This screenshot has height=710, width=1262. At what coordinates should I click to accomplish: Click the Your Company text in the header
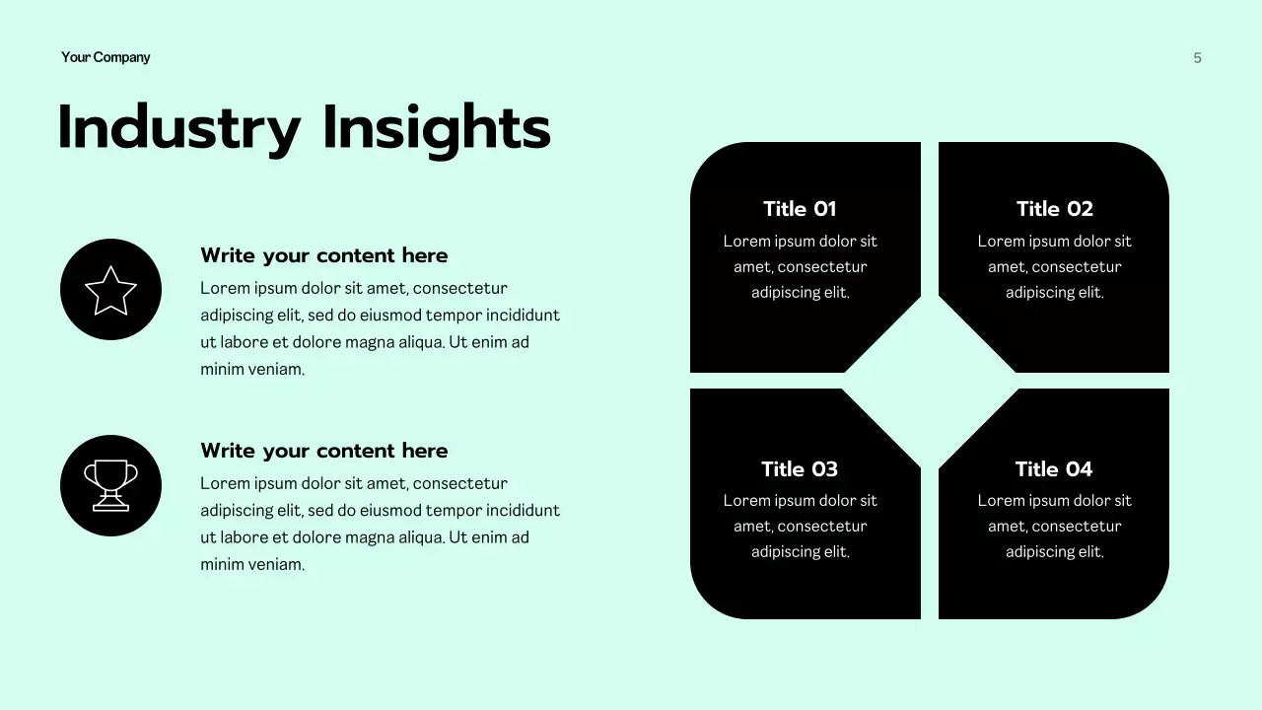tap(105, 57)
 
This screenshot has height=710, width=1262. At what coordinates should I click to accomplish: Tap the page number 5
tap(1197, 58)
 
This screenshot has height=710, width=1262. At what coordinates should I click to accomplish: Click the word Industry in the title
tap(178, 129)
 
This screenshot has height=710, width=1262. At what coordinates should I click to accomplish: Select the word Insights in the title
tap(436, 129)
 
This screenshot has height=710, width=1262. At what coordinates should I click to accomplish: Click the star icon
tap(110, 290)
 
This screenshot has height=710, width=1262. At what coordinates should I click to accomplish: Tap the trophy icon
tap(110, 485)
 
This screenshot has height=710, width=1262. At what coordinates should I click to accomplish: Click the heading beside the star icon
tap(323, 255)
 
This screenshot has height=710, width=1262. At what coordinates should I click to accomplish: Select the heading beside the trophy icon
tap(323, 451)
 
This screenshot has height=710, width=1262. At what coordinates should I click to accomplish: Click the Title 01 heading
tap(800, 209)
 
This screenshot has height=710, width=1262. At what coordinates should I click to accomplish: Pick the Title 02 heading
tap(1054, 209)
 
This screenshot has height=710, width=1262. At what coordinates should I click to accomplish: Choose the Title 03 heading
tap(800, 469)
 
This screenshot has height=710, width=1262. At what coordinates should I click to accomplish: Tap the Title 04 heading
tap(1054, 469)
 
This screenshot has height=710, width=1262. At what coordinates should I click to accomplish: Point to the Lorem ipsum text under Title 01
tap(800, 267)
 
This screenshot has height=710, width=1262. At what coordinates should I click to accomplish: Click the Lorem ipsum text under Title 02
tap(1054, 267)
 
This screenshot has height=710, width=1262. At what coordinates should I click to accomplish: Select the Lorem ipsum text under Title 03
tap(800, 527)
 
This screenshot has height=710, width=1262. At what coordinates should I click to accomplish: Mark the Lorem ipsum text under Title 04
tap(1054, 527)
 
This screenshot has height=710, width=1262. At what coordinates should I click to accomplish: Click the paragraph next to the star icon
tap(380, 328)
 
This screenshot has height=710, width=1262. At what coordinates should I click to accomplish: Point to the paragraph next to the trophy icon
tap(380, 524)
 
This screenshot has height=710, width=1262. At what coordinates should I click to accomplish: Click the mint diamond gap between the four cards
tap(930, 381)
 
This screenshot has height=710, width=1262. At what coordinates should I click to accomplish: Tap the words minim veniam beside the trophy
tap(252, 565)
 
